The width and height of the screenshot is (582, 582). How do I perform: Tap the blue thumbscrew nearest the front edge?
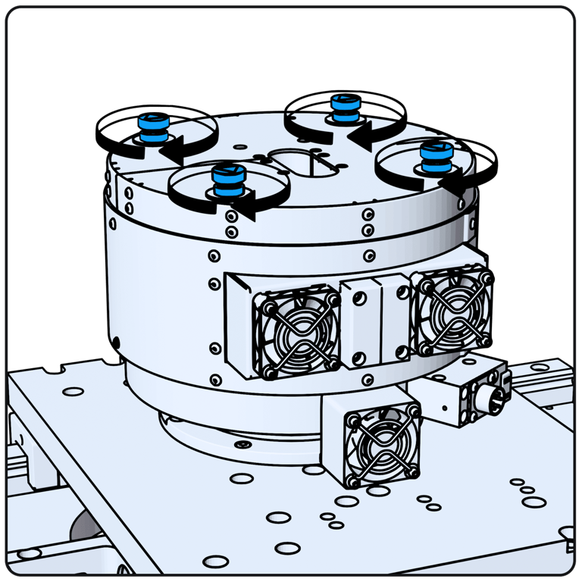[224, 180]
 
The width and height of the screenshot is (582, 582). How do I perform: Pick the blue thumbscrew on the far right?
[435, 156]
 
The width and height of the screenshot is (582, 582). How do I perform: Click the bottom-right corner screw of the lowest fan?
[412, 471]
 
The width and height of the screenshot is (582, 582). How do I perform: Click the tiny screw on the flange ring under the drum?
[242, 442]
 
